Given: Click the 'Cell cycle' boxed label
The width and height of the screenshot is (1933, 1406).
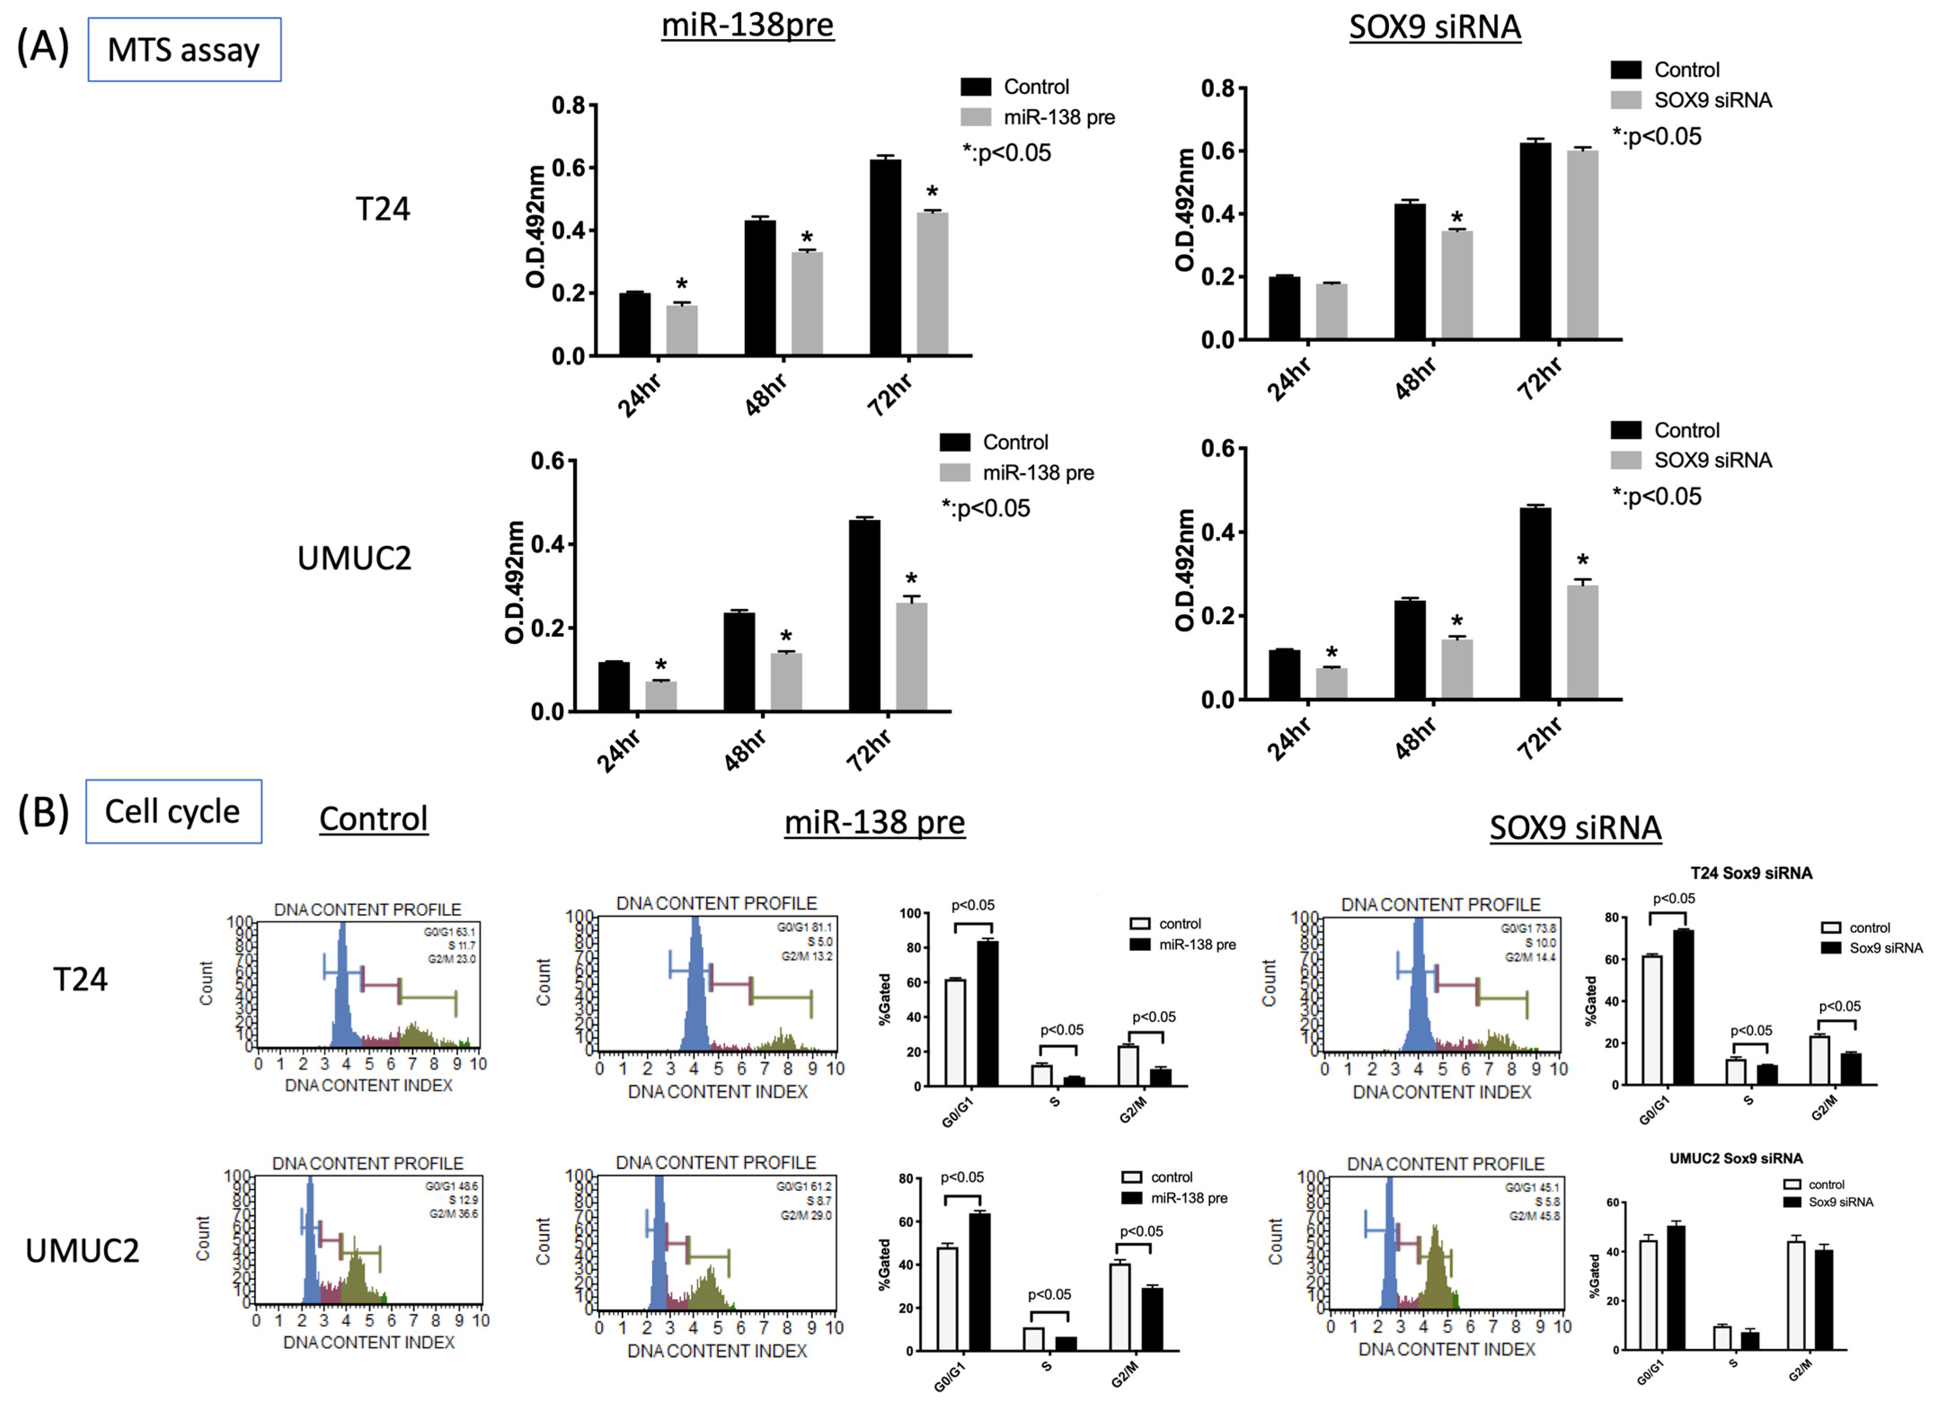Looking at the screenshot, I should click(173, 812).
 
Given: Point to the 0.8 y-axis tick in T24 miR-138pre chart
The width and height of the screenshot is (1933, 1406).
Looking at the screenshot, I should click(568, 106).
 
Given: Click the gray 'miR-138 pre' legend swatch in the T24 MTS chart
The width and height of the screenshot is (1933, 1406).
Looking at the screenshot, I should click(976, 117).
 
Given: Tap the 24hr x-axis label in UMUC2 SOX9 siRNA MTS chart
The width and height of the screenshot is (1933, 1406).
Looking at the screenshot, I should click(1289, 737).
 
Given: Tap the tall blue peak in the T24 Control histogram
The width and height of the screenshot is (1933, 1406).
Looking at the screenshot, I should click(343, 989).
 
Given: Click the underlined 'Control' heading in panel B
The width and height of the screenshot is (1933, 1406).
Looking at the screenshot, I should click(373, 819).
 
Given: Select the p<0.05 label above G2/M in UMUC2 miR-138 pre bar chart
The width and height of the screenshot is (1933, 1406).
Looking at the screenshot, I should click(1141, 1231).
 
